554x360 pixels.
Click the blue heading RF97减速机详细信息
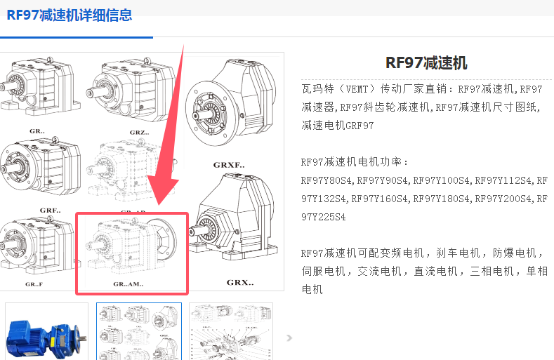click(70, 15)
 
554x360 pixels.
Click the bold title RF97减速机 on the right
click(426, 63)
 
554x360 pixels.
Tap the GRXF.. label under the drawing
click(229, 165)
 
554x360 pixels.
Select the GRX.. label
click(240, 283)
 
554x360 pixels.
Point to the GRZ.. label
click(139, 133)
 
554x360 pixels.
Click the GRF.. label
click(50, 211)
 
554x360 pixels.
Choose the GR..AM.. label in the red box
click(128, 284)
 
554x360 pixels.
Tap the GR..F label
click(34, 284)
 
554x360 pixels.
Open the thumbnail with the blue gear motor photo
click(46, 331)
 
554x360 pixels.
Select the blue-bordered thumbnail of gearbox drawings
click(139, 331)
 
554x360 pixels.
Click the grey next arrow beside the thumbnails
click(289, 338)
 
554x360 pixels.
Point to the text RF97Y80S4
click(326, 180)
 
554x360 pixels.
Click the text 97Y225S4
click(323, 217)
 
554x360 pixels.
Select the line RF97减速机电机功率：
click(355, 162)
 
